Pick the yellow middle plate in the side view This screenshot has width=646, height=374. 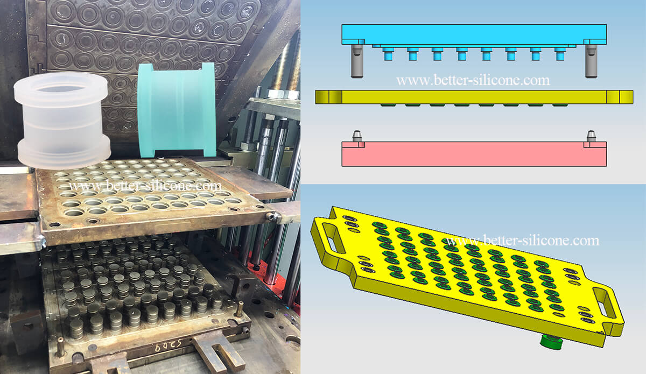point(474,97)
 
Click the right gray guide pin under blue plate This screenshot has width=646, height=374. point(591,60)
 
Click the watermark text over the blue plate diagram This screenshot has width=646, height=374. point(473,81)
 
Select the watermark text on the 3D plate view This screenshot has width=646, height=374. point(522,240)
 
